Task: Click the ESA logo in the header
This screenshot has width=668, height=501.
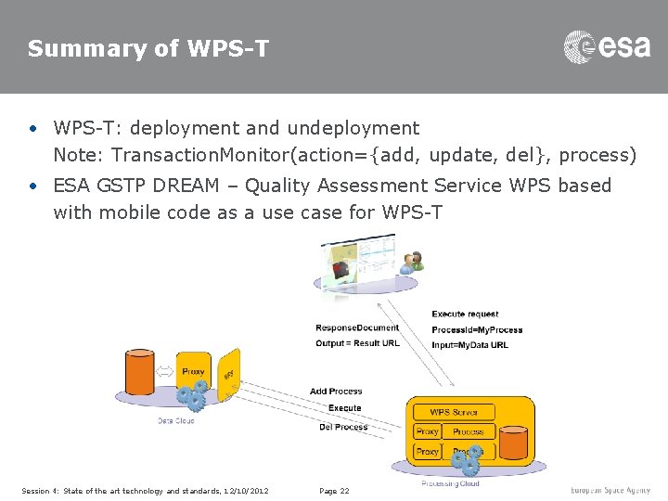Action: [607, 46]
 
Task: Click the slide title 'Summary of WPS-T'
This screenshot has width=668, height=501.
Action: [148, 49]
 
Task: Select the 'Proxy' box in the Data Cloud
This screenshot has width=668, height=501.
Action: [193, 372]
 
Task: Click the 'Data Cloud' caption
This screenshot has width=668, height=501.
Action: [175, 421]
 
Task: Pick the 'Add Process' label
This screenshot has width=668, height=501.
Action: [336, 392]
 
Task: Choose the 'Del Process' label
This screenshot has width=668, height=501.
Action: [342, 427]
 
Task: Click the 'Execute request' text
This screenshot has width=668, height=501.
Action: [465, 315]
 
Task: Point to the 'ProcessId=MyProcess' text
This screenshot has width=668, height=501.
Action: [477, 329]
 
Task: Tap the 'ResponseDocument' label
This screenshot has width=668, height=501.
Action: [357, 328]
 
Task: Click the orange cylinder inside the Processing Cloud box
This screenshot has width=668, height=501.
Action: [510, 443]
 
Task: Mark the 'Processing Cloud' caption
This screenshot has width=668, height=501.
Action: [450, 483]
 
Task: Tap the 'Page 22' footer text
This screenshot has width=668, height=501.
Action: [334, 491]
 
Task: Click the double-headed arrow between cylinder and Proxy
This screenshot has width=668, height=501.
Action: [164, 371]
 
